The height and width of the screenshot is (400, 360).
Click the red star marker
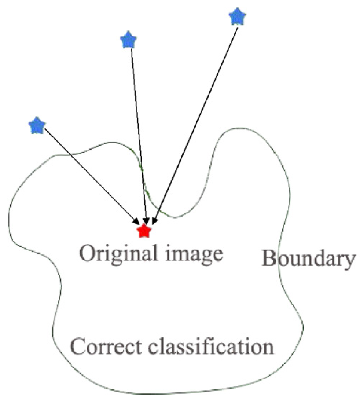pos(144,231)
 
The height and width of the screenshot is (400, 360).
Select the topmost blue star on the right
pos(237,17)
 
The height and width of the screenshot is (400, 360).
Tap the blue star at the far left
pos(37,126)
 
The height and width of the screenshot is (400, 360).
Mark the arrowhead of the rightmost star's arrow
pos(154,221)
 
